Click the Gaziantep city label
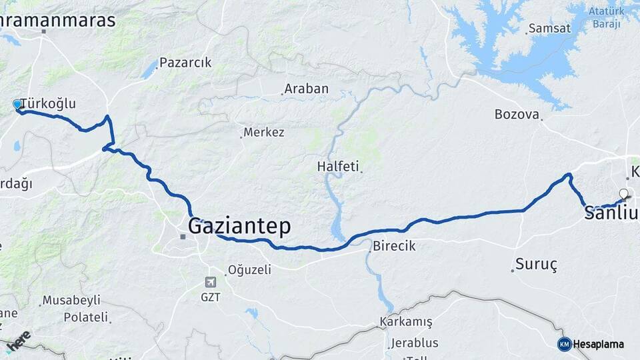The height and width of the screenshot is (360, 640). (x=239, y=227)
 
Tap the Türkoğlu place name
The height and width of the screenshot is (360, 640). (x=48, y=104)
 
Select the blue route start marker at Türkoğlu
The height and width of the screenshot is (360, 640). (x=17, y=104)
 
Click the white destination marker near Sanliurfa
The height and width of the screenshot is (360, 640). (x=624, y=194)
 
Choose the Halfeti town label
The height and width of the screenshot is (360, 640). (x=339, y=166)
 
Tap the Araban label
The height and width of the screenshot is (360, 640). (x=307, y=89)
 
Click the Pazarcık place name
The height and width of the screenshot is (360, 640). (x=185, y=63)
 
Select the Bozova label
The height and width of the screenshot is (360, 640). (x=517, y=114)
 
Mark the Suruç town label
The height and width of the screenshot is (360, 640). (x=537, y=264)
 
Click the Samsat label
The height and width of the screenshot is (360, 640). (x=549, y=29)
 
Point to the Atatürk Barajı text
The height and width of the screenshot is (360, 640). (x=605, y=17)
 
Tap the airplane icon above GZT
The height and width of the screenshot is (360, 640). (x=211, y=282)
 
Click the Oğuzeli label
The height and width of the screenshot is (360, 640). (x=250, y=270)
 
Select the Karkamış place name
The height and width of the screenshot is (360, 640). (x=406, y=322)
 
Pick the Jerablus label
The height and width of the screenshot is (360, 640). (x=414, y=343)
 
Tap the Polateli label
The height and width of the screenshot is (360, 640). (x=85, y=317)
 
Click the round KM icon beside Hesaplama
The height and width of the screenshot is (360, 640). (x=565, y=344)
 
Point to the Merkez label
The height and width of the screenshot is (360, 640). (x=264, y=132)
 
